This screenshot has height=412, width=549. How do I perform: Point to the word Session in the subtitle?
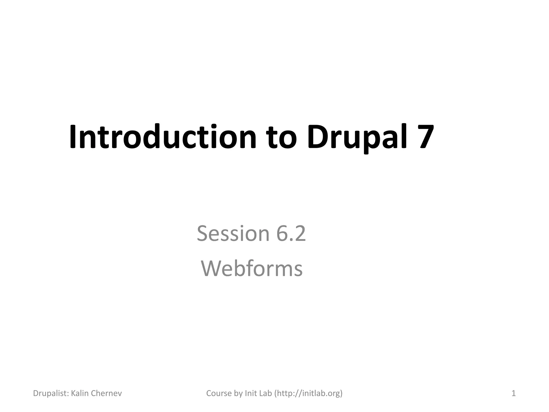233,233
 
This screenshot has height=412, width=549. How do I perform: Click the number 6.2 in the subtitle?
291,233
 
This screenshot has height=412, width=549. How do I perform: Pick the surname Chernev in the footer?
106,393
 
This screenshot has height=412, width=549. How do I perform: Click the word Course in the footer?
219,393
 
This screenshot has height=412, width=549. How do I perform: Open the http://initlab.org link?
308,393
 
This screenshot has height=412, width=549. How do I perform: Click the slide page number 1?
514,393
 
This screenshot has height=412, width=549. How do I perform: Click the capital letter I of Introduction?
72,137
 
